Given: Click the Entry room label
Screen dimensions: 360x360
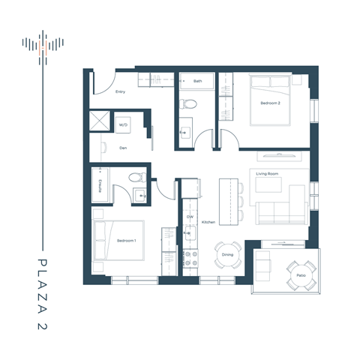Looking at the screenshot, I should pos(120,92).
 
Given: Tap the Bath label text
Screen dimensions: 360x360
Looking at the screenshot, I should pos(197,80).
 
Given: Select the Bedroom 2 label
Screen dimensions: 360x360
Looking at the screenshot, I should pos(270,103).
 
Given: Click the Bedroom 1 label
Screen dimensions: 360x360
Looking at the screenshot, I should pos(126,240).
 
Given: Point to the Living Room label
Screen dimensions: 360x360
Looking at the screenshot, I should pos(268,174).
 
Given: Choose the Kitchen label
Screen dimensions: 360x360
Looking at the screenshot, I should pos(208,222).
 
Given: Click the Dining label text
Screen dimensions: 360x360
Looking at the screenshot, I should pos(227,254).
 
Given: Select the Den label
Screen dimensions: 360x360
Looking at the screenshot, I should pos(123,148).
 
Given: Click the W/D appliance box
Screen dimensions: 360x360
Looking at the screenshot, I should pos(123,124).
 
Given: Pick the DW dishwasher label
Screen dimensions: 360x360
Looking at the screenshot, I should pos(190,216).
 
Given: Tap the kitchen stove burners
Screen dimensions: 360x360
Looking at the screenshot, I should pos(190,259).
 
